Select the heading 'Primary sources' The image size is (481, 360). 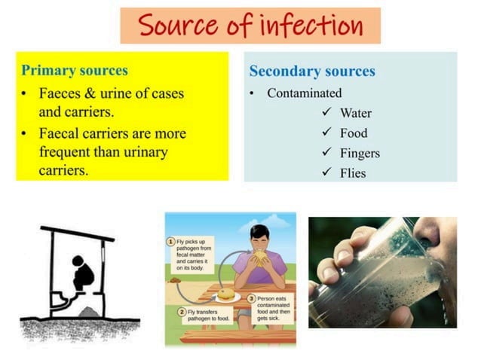click(x=75, y=71)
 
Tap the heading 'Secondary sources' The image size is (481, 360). click(x=312, y=72)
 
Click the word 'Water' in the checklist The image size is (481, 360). click(x=356, y=114)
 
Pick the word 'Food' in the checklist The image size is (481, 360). click(x=354, y=133)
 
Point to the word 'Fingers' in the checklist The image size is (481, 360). click(x=360, y=154)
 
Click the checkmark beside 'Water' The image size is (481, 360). click(x=326, y=113)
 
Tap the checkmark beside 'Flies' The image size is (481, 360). click(x=326, y=172)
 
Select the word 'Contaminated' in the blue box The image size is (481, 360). click(x=304, y=93)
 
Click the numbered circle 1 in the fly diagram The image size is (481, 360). click(x=171, y=241)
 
